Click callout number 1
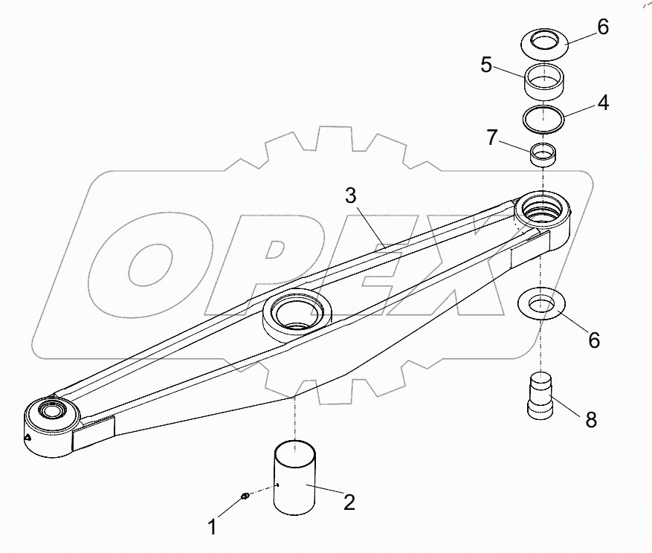coord(213,527)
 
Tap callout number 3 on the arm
coord(351,196)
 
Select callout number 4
coord(603,103)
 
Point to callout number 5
coord(486,65)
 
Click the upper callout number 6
coord(603,27)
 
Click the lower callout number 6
coord(594,340)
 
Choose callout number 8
coord(591,420)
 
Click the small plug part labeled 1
coord(245,497)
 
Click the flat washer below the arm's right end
coord(544,304)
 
